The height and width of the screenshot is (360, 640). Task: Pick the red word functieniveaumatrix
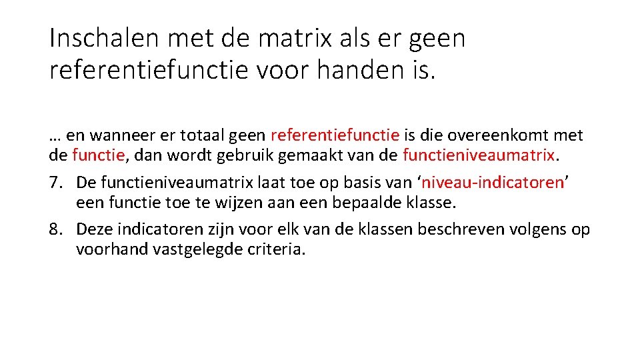tap(479, 155)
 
